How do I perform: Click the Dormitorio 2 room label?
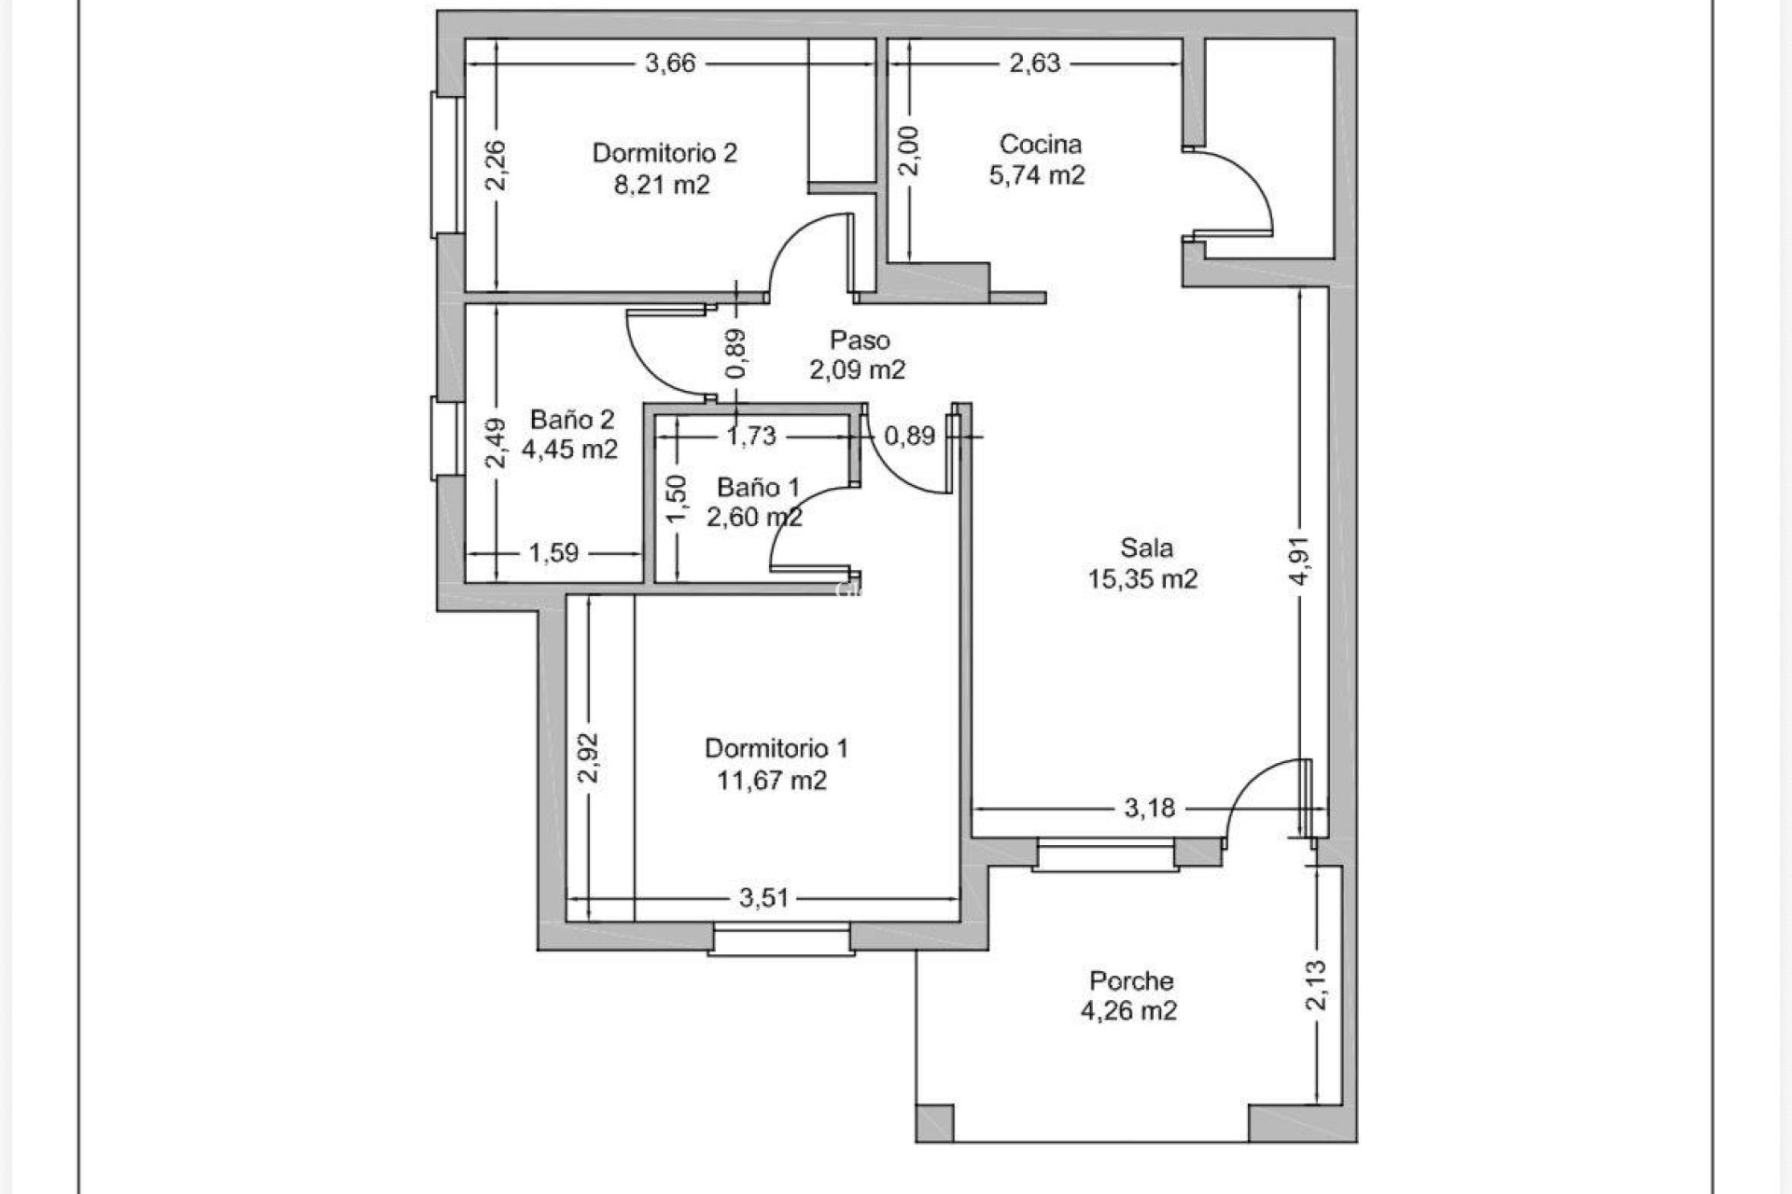click(665, 152)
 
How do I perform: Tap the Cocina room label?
click(1041, 145)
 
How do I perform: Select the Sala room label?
click(1147, 548)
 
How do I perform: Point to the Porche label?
click(1131, 980)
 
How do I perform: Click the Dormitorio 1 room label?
click(777, 748)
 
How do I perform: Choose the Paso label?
click(860, 340)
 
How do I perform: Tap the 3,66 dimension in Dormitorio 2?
click(670, 63)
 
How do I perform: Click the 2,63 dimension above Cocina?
click(1035, 63)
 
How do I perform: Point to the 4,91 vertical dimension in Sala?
click(1303, 560)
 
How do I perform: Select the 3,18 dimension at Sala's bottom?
click(1149, 808)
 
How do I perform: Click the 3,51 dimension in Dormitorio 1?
click(764, 898)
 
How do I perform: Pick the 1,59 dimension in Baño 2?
click(553, 553)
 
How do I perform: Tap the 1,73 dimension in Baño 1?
click(752, 435)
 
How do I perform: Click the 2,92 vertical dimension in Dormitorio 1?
click(588, 758)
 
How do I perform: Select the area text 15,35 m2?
click(1142, 579)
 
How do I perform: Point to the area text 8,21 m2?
click(661, 185)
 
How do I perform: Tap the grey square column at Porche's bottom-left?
click(935, 1123)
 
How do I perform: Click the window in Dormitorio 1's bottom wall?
click(781, 937)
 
